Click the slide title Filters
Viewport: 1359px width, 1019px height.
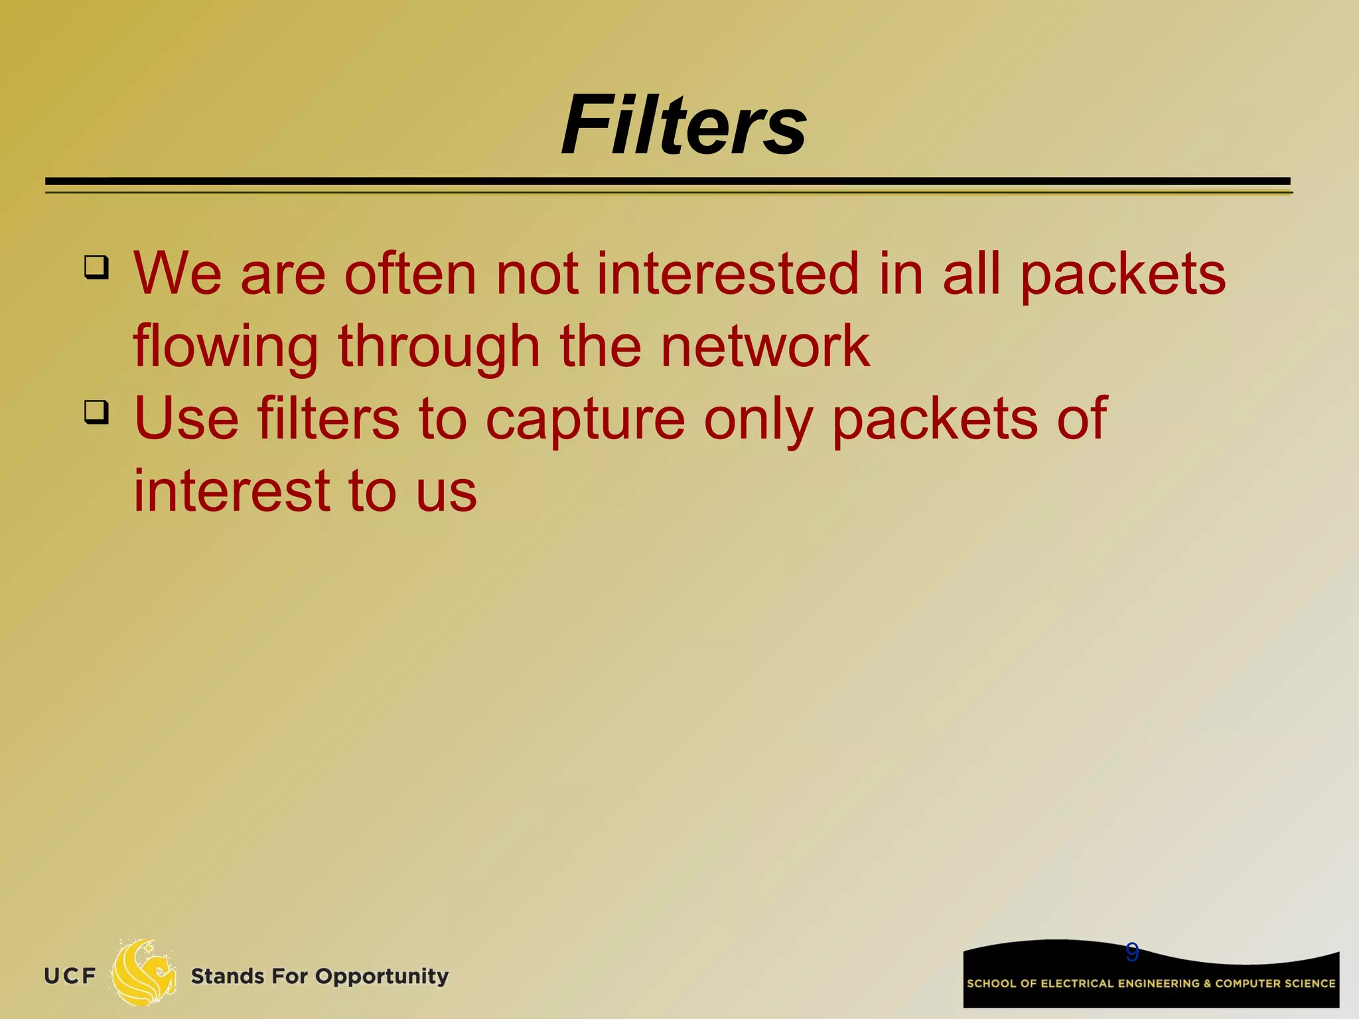click(x=683, y=125)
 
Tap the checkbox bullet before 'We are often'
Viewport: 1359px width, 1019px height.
click(x=97, y=267)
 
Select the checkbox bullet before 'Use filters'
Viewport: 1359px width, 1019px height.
click(x=97, y=412)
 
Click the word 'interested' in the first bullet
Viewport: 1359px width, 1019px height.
click(x=728, y=273)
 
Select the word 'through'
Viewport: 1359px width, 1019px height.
click(x=439, y=347)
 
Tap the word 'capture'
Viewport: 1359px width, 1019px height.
click(x=585, y=420)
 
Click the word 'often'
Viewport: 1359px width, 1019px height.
click(x=410, y=273)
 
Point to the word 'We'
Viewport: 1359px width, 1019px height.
click(x=177, y=273)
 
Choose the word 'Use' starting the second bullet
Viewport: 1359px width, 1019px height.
click(x=186, y=419)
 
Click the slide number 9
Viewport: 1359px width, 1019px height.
click(x=1132, y=952)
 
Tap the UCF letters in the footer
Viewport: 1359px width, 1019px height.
click(x=70, y=976)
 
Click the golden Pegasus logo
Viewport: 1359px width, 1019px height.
click(x=143, y=973)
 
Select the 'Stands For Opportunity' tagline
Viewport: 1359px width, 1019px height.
click(x=320, y=976)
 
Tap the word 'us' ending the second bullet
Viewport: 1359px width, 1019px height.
click(x=447, y=492)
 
